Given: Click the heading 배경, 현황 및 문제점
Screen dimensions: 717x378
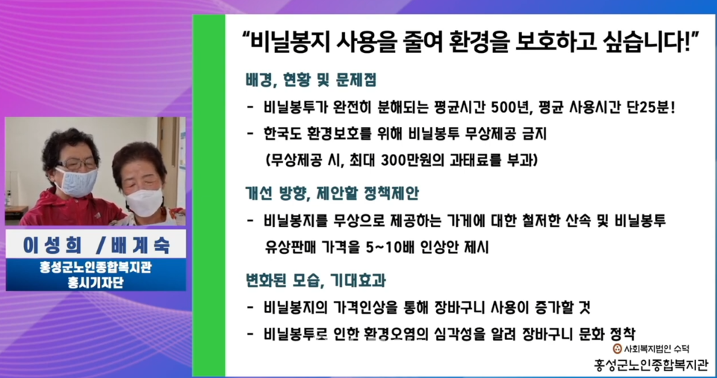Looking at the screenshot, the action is click(311, 80).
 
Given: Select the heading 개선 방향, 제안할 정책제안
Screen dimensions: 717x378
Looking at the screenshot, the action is click(332, 193).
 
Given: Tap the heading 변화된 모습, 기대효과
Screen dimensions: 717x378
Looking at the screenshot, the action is click(315, 280).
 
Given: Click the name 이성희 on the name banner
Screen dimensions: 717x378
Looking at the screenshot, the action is click(52, 246).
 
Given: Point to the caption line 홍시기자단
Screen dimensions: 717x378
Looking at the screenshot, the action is click(96, 282).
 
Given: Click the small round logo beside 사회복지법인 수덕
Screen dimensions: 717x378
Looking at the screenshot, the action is click(618, 349).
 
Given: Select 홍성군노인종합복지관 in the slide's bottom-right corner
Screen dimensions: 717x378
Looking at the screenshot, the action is click(651, 365).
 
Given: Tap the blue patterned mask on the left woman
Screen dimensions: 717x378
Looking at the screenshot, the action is click(76, 182).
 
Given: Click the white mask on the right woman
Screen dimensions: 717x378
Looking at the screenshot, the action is click(144, 202).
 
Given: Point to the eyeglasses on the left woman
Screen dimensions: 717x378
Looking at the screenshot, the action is click(76, 164).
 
